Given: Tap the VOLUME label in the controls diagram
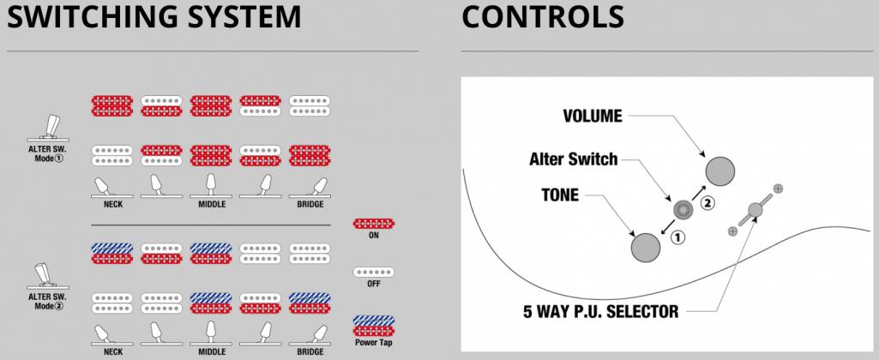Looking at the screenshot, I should [x=593, y=116].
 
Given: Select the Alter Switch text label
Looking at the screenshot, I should [x=573, y=159].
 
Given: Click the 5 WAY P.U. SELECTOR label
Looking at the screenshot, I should [x=600, y=312].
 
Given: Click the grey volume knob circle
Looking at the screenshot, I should [x=720, y=171].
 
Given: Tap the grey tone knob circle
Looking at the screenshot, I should [x=646, y=247].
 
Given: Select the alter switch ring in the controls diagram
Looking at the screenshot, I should [x=683, y=208].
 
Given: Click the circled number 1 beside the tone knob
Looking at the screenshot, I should [x=677, y=238].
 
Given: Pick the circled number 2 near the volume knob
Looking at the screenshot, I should [x=707, y=203].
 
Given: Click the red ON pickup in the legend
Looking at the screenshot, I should [x=373, y=225].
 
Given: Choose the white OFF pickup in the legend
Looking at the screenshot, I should [x=373, y=273].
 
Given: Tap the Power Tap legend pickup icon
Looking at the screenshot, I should [x=373, y=325].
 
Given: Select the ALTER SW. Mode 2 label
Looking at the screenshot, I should [x=53, y=300].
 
